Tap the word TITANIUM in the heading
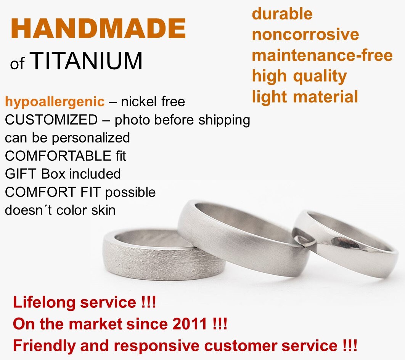[x=86, y=61]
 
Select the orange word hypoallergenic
[x=55, y=102]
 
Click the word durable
[x=282, y=14]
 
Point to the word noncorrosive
[x=305, y=35]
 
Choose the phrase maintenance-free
[x=322, y=55]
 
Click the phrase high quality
[x=299, y=76]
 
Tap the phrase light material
[x=305, y=97]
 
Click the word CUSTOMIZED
[x=51, y=120]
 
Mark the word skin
[x=103, y=210]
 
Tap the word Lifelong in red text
[x=44, y=303]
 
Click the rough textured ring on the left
[x=160, y=259]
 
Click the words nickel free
[x=153, y=102]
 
